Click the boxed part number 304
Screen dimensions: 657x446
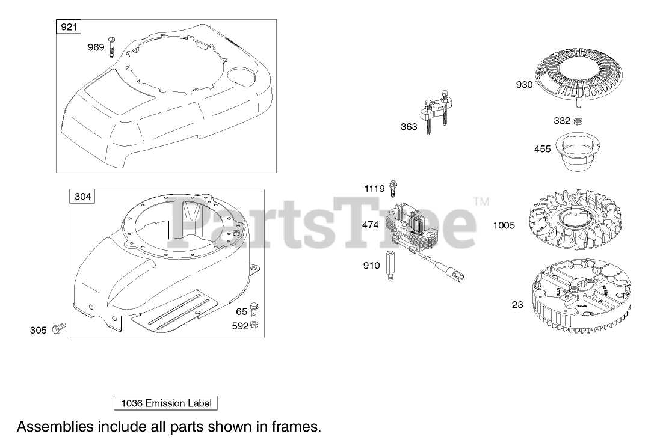(83, 197)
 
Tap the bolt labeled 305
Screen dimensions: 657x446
(59, 328)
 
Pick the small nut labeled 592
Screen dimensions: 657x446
(254, 325)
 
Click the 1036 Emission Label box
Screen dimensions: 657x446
(165, 403)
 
